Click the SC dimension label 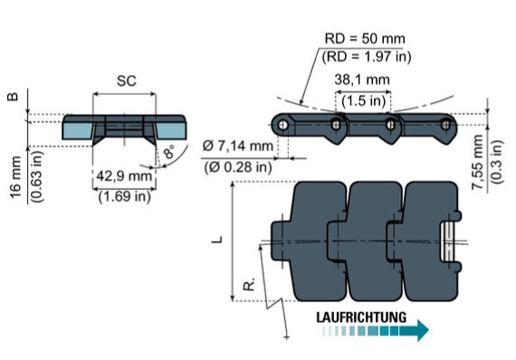[127, 81]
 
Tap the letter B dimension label [14, 97]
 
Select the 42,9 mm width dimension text [124, 175]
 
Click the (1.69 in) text [124, 196]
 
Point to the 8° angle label [168, 152]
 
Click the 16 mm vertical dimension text [15, 177]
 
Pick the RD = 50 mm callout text [365, 39]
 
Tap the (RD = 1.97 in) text [367, 57]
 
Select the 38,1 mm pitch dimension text [362, 80]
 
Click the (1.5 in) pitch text [364, 100]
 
